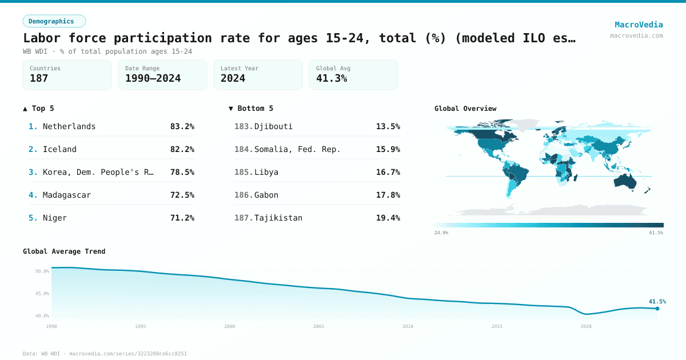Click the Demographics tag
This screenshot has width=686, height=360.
(x=54, y=21)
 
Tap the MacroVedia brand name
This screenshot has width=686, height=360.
(x=639, y=25)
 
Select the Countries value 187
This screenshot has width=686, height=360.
(x=39, y=78)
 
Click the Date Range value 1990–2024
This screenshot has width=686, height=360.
(x=153, y=78)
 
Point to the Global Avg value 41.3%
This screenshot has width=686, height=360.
(x=332, y=78)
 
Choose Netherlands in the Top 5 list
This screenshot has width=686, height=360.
(x=69, y=126)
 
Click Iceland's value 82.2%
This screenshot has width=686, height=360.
(x=182, y=149)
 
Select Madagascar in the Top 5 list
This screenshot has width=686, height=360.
(x=67, y=195)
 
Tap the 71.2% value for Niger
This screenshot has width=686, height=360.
(x=182, y=218)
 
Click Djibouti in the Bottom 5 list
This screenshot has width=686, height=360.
(x=273, y=126)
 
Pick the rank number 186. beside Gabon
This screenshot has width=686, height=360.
(x=244, y=195)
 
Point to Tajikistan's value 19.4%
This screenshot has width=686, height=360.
(x=388, y=218)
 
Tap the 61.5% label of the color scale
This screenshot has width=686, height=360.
(x=656, y=233)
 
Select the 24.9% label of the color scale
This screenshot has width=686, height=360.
(x=441, y=233)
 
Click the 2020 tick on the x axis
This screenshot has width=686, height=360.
(x=586, y=326)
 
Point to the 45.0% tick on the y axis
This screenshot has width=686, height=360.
(x=42, y=293)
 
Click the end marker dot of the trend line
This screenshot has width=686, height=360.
(x=657, y=309)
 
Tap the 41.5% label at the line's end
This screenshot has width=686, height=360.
(x=657, y=301)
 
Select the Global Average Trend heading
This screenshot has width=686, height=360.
(x=64, y=251)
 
